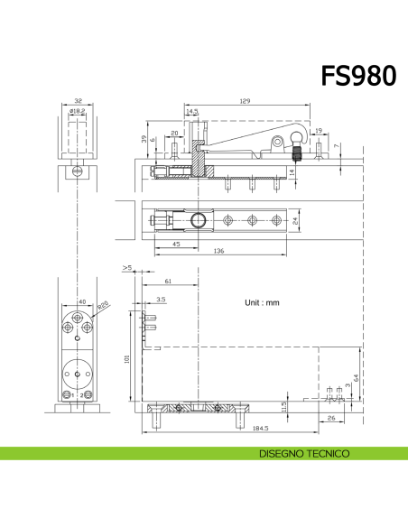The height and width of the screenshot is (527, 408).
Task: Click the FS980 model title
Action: (358, 76)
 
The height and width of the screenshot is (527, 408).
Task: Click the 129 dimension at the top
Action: (245, 101)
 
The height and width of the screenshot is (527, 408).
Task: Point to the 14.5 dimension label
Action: (192, 112)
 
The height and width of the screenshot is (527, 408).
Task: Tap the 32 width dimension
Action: (78, 102)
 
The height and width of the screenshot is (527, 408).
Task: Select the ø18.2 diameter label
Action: (78, 111)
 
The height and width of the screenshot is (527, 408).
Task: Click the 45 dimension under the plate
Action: (174, 244)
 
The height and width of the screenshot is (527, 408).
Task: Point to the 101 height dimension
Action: (127, 358)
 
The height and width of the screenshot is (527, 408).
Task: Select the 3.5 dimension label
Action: (161, 298)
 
